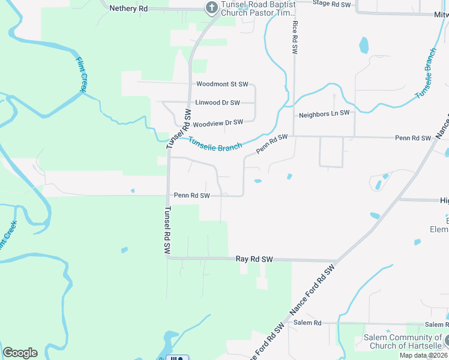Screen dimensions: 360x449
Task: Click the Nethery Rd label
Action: point(128,8)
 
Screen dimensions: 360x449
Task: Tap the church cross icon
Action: point(211,8)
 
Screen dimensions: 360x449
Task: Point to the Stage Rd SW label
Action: point(331,4)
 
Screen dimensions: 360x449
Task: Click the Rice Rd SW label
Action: point(295,38)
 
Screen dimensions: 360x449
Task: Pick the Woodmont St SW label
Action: point(218,85)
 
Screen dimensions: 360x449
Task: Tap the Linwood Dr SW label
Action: point(217,103)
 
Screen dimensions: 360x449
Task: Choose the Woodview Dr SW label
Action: point(217,122)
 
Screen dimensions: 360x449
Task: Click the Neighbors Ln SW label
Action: point(324,113)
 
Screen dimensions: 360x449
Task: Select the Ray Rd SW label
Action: point(255,259)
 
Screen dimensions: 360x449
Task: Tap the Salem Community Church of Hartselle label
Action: point(403,341)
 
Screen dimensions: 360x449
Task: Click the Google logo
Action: point(20,353)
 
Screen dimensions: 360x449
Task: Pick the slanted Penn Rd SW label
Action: point(272,143)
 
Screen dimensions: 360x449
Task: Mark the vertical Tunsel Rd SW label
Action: point(168,230)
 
